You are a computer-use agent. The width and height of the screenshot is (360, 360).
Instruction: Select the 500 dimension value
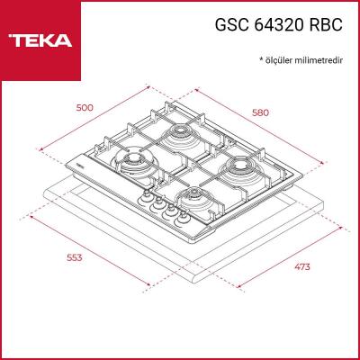coord(84,108)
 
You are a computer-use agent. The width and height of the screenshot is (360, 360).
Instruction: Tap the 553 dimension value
coord(75,258)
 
